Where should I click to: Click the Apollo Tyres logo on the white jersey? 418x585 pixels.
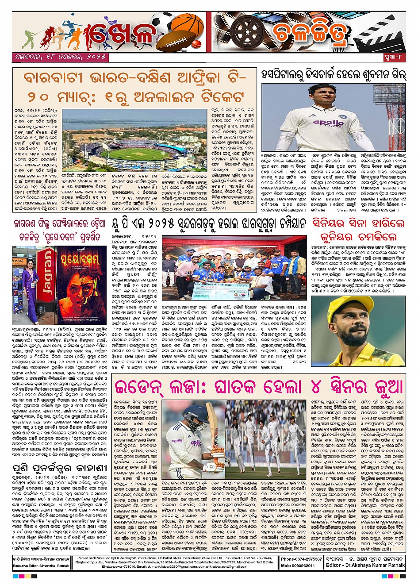pos(328,123)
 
